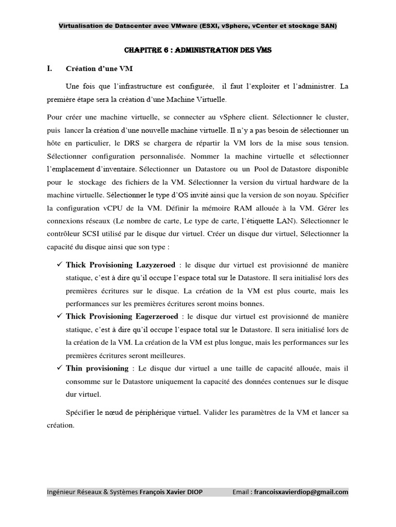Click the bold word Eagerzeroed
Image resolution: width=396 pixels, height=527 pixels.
[x=155, y=316]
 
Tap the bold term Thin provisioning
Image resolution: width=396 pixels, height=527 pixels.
[x=97, y=368]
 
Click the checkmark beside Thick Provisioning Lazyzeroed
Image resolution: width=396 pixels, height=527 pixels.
[x=58, y=265]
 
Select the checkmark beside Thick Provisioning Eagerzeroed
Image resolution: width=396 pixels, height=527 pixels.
[x=58, y=315]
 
